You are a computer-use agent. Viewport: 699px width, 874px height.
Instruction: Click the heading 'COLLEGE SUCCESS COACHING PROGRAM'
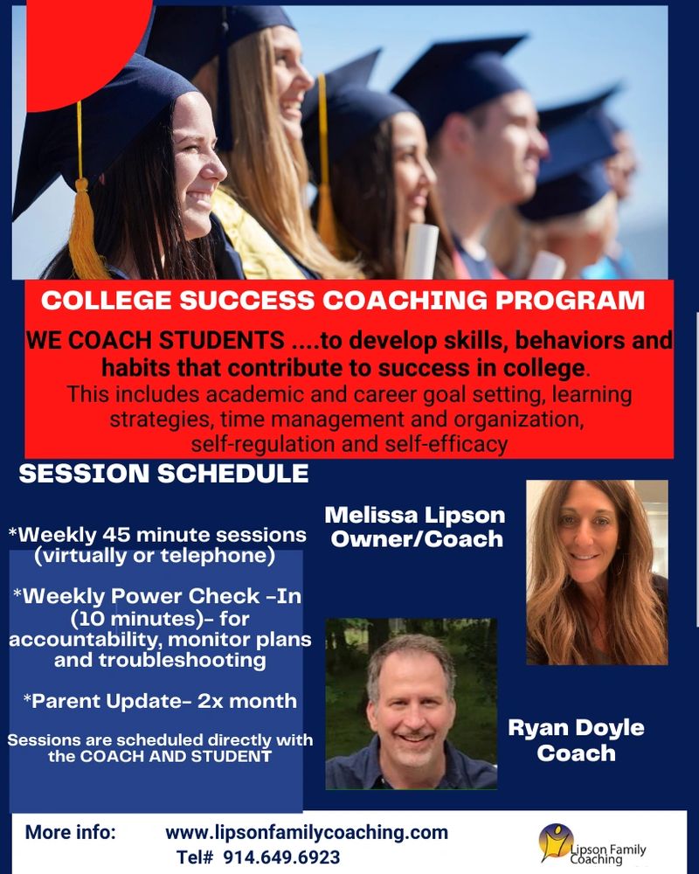click(x=343, y=300)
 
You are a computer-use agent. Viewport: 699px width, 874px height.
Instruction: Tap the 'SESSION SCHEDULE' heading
click(x=164, y=474)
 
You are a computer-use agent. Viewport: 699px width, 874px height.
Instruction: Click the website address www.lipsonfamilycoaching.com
click(x=307, y=832)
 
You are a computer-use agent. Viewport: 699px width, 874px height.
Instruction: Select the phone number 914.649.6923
click(x=281, y=857)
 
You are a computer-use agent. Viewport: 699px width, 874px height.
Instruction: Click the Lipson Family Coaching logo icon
click(x=556, y=843)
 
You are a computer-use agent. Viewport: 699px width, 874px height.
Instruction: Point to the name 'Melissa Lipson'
click(x=415, y=515)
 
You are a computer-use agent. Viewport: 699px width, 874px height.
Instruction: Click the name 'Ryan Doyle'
click(x=577, y=727)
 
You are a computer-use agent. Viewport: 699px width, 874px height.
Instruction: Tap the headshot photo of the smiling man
click(x=412, y=704)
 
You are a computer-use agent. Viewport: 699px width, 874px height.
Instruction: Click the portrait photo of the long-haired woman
click(x=597, y=572)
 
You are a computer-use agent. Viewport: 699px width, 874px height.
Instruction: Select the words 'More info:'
click(x=71, y=832)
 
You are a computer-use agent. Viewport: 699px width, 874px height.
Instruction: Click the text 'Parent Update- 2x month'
click(x=160, y=701)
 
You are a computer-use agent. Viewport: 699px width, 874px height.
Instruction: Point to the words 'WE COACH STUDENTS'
click(x=155, y=340)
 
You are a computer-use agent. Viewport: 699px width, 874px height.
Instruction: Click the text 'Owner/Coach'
click(x=417, y=539)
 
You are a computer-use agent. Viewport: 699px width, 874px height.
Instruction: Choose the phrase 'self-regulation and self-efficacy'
click(x=349, y=444)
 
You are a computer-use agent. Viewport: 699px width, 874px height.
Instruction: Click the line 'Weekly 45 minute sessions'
click(x=157, y=535)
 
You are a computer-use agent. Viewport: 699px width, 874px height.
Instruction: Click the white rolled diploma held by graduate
click(x=420, y=252)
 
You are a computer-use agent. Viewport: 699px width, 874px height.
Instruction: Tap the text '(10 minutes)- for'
click(x=160, y=619)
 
